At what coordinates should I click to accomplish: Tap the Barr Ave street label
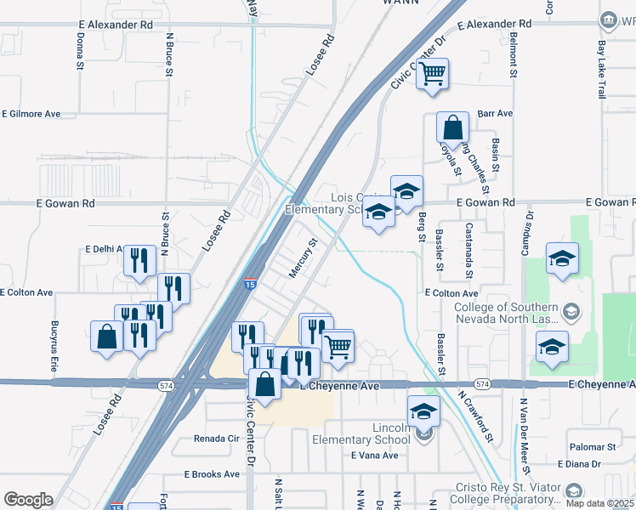click(495, 113)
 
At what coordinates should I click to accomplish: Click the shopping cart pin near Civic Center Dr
click(432, 74)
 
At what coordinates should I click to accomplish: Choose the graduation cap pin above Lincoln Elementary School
click(423, 412)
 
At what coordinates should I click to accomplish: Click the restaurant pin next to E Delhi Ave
click(139, 261)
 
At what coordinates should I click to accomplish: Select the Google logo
click(28, 500)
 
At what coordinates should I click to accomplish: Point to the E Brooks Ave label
click(213, 474)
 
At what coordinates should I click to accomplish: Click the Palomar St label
click(593, 447)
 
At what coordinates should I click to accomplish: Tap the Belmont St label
click(514, 54)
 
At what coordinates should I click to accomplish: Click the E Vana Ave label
click(374, 456)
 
